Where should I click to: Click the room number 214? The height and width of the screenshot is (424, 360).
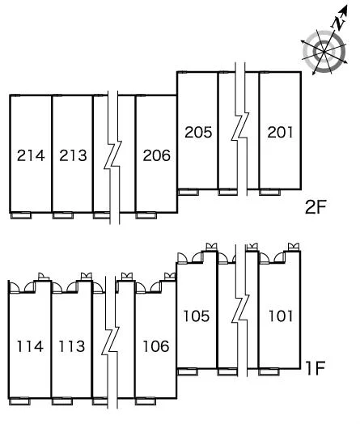[31, 155]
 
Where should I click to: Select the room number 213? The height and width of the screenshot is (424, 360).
[73, 155]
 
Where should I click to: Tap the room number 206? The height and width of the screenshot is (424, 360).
[156, 155]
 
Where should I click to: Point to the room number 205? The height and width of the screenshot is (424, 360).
[198, 132]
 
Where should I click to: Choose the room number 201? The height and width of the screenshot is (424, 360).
[280, 132]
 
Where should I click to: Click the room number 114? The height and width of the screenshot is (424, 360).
[30, 346]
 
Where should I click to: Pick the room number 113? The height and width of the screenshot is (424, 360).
[72, 346]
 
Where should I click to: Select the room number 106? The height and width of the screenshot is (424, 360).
[156, 346]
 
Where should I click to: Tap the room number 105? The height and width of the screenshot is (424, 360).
[197, 316]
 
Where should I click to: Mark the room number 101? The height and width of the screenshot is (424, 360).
[281, 316]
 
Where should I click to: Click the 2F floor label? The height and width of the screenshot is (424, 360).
[316, 207]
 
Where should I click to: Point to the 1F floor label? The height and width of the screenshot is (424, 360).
[316, 368]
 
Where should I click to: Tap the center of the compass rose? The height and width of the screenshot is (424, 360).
[324, 52]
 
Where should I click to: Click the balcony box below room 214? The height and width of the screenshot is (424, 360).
[21, 215]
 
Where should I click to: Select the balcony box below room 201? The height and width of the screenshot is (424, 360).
[269, 193]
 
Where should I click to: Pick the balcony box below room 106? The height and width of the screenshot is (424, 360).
[146, 401]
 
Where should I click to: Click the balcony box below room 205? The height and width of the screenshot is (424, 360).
[188, 193]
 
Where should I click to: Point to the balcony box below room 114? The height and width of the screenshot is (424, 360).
[19, 401]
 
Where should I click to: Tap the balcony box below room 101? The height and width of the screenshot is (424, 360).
[269, 372]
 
